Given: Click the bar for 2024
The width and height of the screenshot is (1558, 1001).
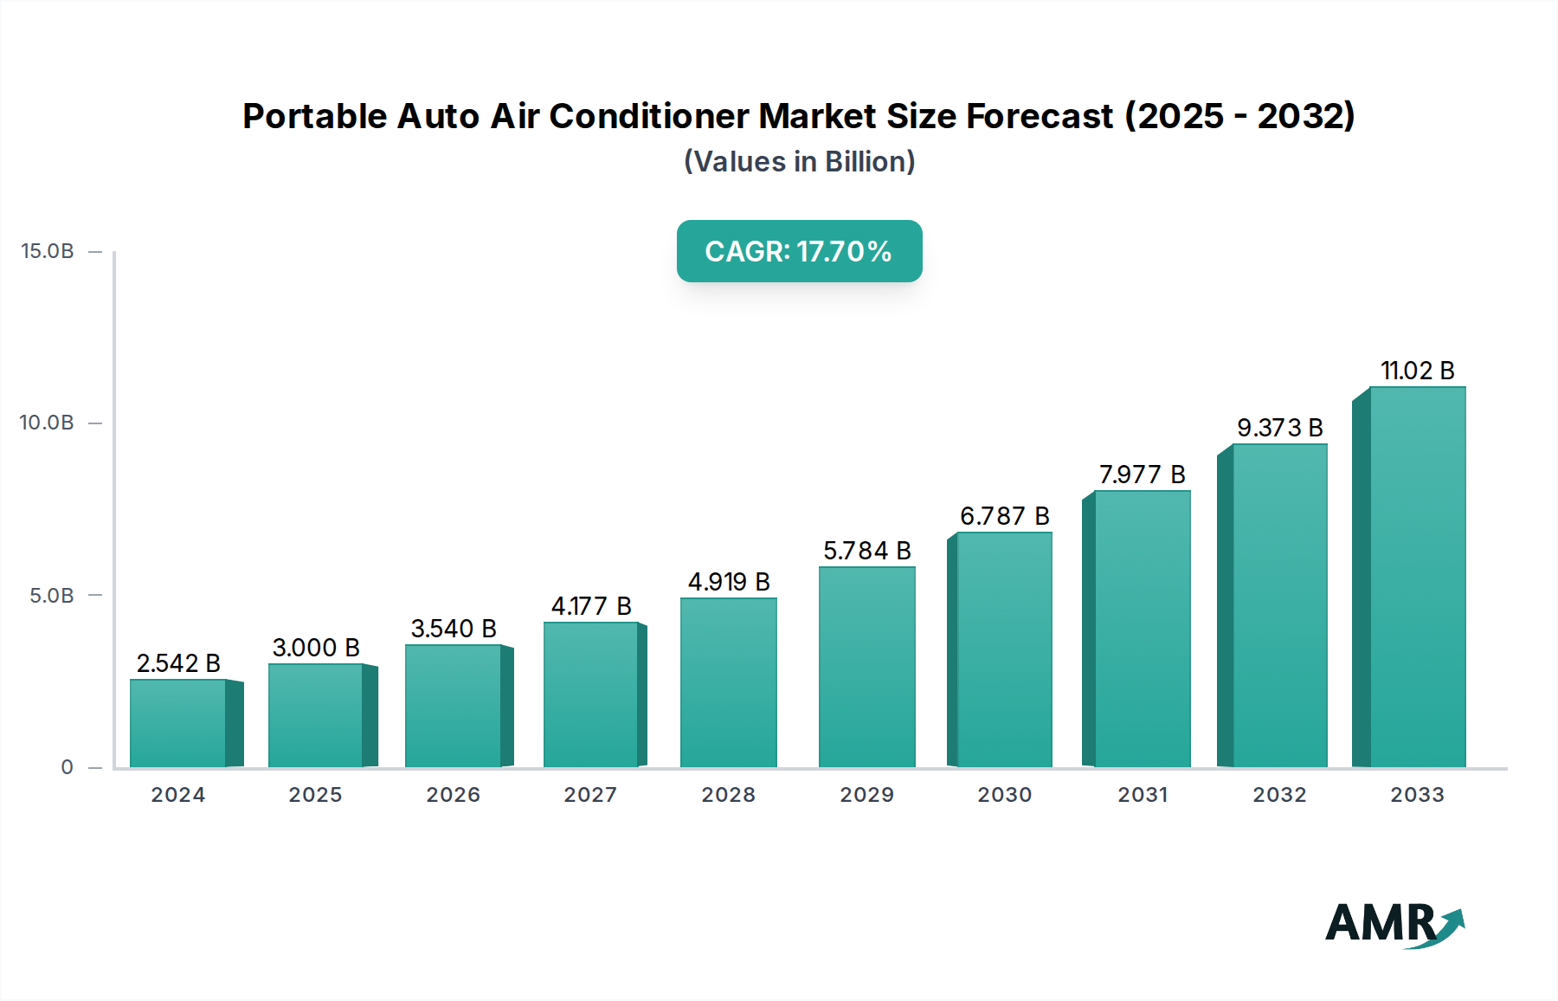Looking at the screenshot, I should click(178, 723).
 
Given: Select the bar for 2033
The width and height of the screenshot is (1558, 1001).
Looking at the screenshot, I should click(1417, 578).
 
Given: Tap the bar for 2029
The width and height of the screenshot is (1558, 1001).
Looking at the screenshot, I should click(866, 667).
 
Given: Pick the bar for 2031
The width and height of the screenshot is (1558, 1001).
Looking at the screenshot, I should click(1142, 630).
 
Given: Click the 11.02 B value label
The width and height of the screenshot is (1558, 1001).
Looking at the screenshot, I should click(1417, 371).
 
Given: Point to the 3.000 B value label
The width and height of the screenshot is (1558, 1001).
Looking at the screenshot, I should click(316, 648).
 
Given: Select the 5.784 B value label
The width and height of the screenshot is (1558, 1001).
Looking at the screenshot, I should click(866, 551).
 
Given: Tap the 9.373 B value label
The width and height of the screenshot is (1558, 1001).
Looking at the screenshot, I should click(1279, 428).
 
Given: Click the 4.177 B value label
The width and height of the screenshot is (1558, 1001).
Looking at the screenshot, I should click(591, 606).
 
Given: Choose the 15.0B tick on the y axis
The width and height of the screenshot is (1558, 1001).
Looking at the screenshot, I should click(48, 251).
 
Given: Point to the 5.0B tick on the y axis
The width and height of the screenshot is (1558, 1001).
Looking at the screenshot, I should click(52, 596).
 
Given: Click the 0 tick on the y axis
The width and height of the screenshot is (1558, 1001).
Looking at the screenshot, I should click(68, 767).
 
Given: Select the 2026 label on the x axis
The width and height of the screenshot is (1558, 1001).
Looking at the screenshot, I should click(453, 795).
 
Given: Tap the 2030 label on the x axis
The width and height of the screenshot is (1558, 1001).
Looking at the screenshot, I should click(1004, 795).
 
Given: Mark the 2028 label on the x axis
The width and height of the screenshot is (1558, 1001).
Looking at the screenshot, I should click(728, 795).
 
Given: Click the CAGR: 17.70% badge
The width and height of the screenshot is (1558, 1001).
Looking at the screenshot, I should click(799, 251).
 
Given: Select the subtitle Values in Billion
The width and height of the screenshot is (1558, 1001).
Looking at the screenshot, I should click(799, 162).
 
